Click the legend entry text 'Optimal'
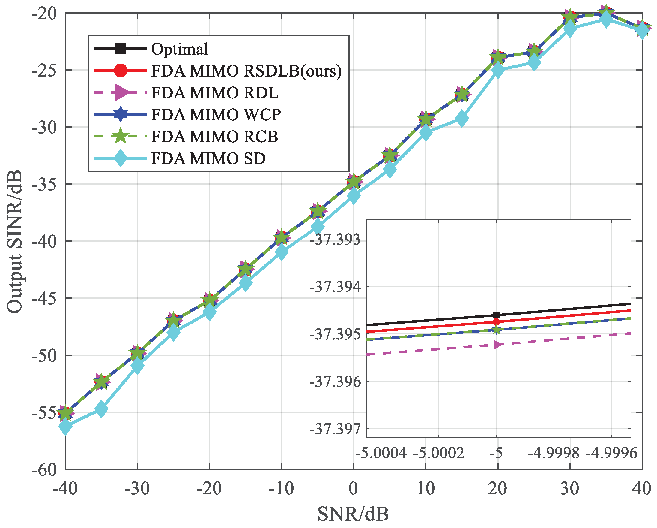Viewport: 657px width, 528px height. (x=180, y=49)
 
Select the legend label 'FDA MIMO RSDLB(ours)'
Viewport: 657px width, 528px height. (x=246, y=71)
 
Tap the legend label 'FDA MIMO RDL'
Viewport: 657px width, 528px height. (x=214, y=93)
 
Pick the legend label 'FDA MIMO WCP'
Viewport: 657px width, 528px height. (x=216, y=115)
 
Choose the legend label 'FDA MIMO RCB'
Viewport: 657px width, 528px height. (x=214, y=137)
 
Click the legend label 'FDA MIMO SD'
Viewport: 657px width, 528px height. (x=208, y=158)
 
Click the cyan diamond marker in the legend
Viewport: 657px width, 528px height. (x=121, y=158)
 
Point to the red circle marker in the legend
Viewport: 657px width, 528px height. (x=121, y=71)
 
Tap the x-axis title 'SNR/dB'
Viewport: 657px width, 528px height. (x=353, y=514)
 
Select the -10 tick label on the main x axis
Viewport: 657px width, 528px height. (x=281, y=488)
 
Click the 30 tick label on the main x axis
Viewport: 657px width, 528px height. (x=569, y=488)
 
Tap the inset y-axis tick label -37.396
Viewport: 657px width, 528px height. (x=335, y=382)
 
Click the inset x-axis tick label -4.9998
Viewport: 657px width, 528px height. (x=553, y=453)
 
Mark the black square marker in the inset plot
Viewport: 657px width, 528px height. (x=496, y=315)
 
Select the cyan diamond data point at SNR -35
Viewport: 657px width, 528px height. (x=101, y=409)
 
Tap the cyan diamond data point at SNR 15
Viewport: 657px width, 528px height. (x=462, y=118)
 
